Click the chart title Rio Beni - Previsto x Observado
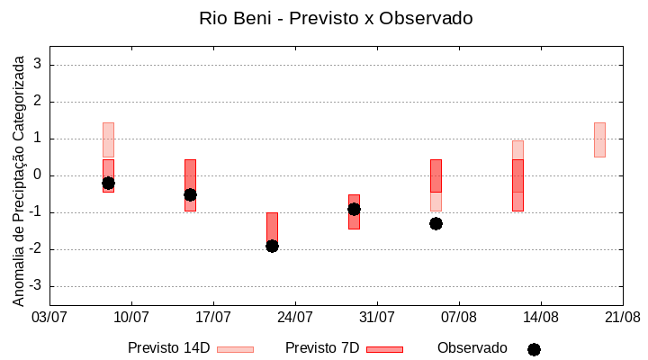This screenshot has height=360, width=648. click(336, 18)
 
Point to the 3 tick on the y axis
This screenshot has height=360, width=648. click(38, 65)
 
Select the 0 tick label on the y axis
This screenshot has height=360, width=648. click(38, 175)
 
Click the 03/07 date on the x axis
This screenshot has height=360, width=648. click(49, 317)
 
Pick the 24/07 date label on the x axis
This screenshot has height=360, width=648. click(295, 317)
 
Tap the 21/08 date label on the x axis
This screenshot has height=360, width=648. click(622, 317)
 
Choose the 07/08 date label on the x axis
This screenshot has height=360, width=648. click(459, 317)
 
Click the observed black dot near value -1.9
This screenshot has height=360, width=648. click(272, 246)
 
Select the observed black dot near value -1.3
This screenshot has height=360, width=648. click(436, 223)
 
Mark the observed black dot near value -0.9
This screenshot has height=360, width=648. click(354, 209)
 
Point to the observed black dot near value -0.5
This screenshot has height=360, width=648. click(190, 194)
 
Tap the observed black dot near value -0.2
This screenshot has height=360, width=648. click(108, 183)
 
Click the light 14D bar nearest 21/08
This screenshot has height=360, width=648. click(599, 139)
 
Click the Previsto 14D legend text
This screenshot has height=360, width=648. click(168, 348)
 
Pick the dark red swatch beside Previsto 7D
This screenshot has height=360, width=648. click(384, 349)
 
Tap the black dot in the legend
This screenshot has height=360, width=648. click(534, 349)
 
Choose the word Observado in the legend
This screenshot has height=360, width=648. click(472, 348)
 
